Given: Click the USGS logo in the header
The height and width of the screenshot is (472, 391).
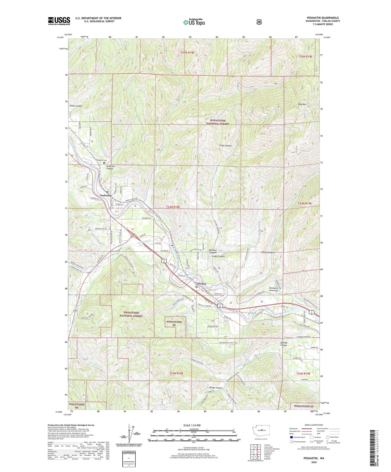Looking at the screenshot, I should coord(59,21).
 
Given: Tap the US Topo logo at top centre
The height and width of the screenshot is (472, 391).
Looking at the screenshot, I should coord(193,22).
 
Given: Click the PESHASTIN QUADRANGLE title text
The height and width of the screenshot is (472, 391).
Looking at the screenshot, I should coord(323,18).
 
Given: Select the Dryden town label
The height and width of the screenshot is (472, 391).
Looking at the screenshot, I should coord(201,284).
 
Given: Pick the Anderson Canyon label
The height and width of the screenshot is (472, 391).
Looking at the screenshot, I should coord(110,167).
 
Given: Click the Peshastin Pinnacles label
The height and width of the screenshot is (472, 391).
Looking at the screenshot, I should coord(275,289).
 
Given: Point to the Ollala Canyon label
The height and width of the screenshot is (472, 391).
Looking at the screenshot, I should coord(268,252).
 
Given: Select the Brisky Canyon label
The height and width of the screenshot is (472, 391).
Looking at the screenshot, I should coord(216,388).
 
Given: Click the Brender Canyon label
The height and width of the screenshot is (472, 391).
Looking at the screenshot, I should coord(284,344).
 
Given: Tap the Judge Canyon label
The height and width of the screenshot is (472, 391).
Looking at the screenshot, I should coord(218,256).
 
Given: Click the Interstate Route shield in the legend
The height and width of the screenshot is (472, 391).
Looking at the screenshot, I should coord(291,437).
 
